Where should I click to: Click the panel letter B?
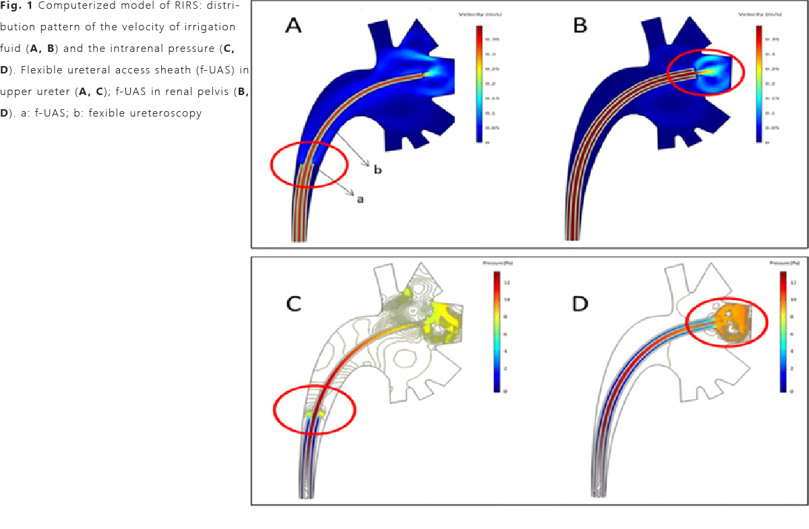click(x=580, y=26)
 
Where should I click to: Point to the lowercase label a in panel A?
click(x=360, y=199)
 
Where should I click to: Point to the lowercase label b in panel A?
click(x=378, y=170)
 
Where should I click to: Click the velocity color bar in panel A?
click(x=479, y=84)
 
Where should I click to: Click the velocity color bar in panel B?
click(x=758, y=84)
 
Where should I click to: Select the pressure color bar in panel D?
click(x=783, y=331)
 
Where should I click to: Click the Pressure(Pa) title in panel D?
click(x=782, y=262)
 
